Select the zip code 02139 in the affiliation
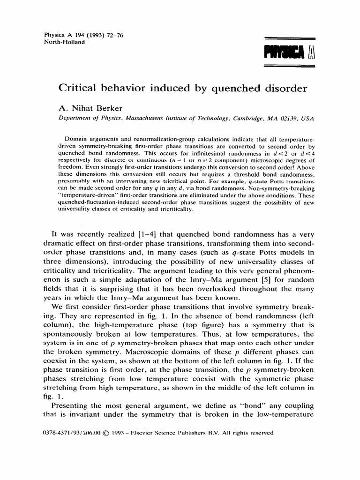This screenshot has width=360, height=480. pos(280,119)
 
